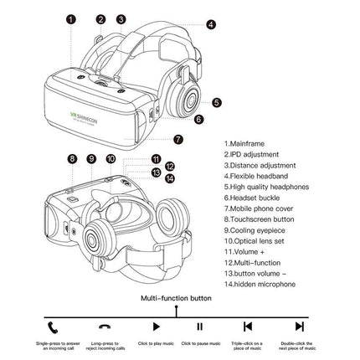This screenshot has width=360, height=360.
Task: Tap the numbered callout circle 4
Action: pyautogui.click(x=210, y=25)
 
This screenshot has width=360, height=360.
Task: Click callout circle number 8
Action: pyautogui.click(x=72, y=157)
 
